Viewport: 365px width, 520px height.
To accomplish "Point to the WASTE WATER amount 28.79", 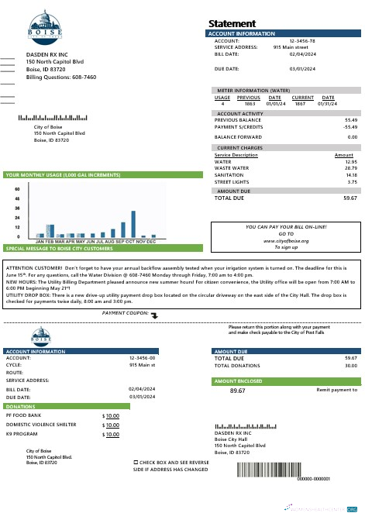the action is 350,167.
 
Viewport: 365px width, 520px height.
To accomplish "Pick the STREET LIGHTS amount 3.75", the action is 352,182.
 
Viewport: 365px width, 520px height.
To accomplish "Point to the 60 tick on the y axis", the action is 17,188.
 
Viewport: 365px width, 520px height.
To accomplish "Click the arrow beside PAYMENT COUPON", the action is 153,315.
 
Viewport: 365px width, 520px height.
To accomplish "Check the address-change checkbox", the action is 136,460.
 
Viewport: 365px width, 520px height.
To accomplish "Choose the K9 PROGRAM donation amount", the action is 112,435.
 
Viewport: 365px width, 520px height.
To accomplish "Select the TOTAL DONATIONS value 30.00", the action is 350,365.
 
